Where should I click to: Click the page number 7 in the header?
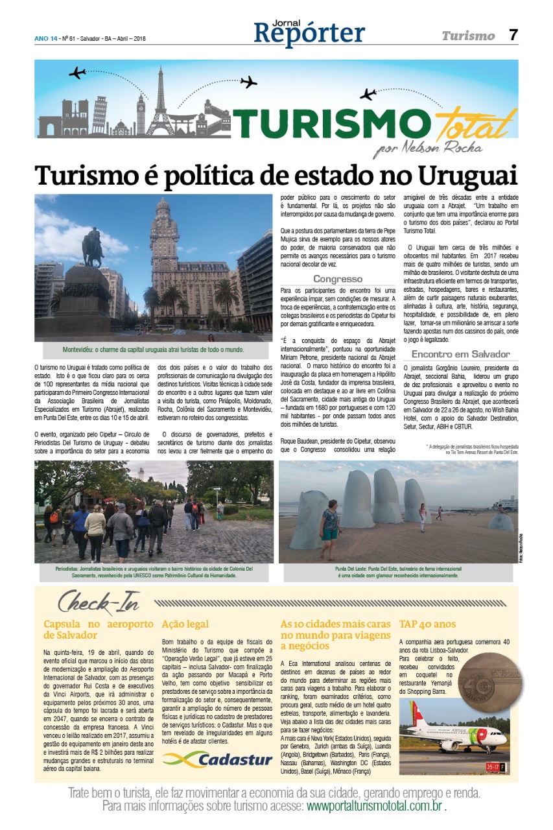pos(513,35)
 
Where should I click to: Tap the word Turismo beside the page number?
pos(468,36)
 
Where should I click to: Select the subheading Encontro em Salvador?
pos(456,355)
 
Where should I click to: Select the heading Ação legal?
pos(185,624)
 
